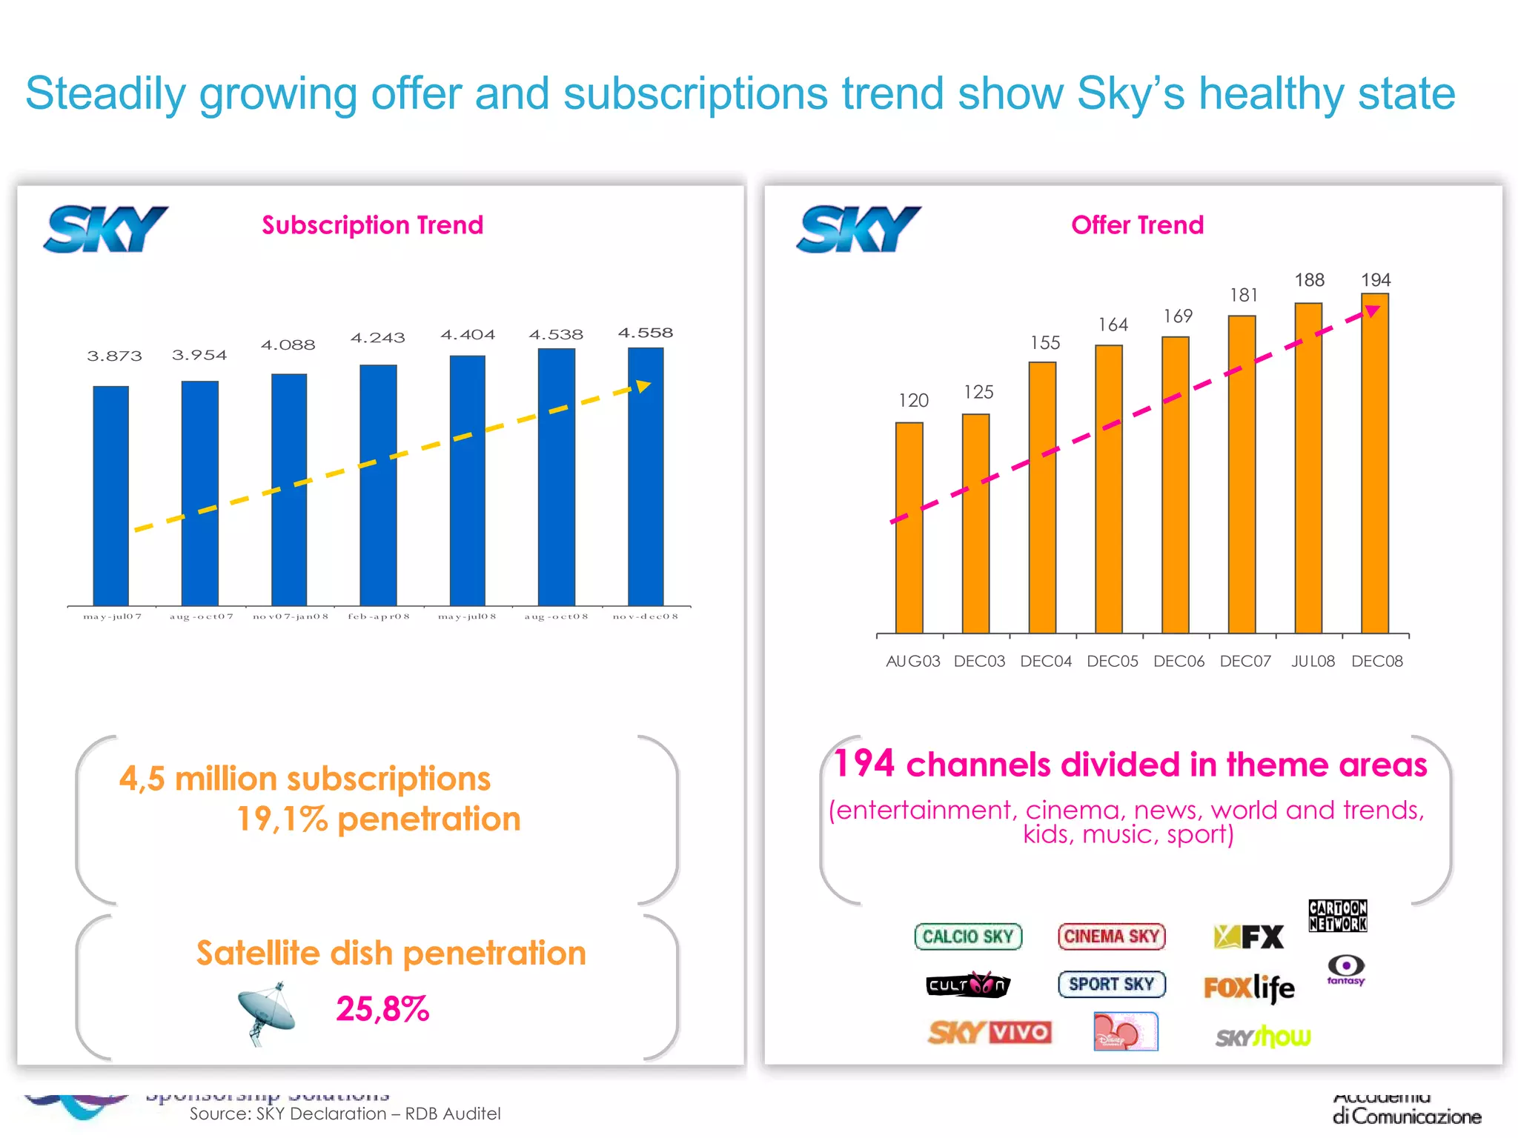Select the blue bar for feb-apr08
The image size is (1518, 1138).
[x=378, y=485]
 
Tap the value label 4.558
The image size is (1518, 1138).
[x=645, y=333]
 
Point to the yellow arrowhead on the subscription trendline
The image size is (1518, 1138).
[x=643, y=386]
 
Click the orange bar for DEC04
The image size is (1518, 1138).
[x=1042, y=496]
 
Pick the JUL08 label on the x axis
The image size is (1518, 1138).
[x=1313, y=661]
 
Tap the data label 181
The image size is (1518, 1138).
[x=1244, y=295]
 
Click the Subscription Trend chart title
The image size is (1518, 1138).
[x=372, y=224]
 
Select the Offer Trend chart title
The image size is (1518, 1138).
[x=1137, y=224]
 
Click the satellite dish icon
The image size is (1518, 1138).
[x=267, y=1012]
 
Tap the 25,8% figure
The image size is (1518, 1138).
[x=382, y=1009]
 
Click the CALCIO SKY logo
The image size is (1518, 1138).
[x=968, y=936]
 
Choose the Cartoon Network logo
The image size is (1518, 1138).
[x=1337, y=916]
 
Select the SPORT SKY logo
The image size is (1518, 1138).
[x=1111, y=984]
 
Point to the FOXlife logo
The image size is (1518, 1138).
[x=1249, y=988]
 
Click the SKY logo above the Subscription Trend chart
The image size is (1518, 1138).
[x=106, y=230]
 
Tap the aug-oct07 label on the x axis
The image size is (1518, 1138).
[x=201, y=616]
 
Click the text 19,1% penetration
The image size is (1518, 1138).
[x=378, y=819]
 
